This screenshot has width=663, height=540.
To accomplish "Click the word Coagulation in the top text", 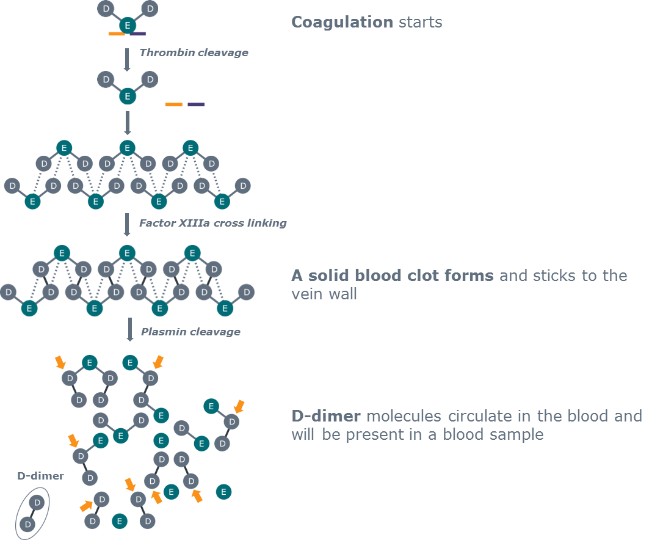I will (342, 23).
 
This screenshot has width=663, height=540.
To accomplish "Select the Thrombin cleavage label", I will (194, 53).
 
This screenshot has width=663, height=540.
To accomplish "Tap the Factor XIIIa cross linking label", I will (212, 223).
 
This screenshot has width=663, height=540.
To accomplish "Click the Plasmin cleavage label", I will (190, 332).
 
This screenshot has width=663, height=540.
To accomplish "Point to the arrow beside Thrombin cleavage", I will (128, 59).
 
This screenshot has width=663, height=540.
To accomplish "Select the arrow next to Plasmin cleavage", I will (130, 329).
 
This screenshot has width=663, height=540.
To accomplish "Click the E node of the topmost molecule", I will (128, 26).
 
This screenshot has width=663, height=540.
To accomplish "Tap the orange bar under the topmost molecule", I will (117, 34).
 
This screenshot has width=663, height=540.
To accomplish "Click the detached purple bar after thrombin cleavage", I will (196, 104).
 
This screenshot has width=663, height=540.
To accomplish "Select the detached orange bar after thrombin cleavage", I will (174, 104).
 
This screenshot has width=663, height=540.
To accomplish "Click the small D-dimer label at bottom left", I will (40, 476).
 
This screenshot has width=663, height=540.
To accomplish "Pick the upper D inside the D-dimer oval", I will (37, 503).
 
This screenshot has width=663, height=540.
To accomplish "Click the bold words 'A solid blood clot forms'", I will (392, 275).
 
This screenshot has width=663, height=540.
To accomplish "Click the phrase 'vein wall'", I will (324, 294).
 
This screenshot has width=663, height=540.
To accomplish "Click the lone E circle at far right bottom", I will (223, 491).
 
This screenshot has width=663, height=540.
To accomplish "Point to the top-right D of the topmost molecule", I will (150, 9).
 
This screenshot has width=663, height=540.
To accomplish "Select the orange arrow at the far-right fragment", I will (239, 406).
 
